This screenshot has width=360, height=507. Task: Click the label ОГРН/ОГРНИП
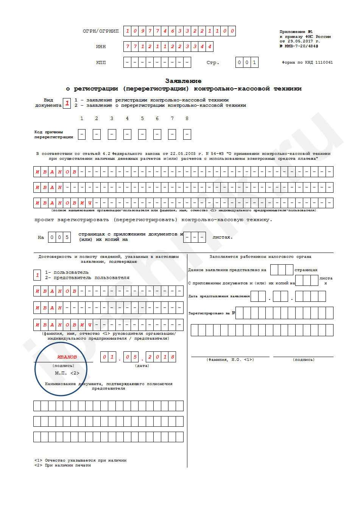[x=100, y=31]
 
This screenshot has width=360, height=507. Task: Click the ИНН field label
[x=101, y=47]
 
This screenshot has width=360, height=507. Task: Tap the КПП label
[x=101, y=62]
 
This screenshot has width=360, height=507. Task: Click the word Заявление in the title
[x=183, y=81]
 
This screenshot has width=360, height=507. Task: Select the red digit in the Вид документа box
[x=67, y=103]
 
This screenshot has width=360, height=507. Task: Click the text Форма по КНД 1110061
[x=307, y=62]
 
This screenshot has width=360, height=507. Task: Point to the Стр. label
[x=213, y=62]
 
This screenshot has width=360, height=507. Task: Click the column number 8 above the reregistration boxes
[x=187, y=119]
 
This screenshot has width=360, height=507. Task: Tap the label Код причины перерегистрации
[x=53, y=134]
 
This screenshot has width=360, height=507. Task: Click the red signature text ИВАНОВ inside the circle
[x=67, y=357]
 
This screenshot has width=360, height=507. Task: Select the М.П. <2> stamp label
[x=67, y=373]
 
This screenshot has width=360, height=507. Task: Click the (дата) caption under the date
[x=142, y=366]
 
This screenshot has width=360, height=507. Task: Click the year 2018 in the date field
[x=161, y=357]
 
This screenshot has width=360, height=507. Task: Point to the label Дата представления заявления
[x=219, y=296]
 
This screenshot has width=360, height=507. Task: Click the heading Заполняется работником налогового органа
[x=260, y=257]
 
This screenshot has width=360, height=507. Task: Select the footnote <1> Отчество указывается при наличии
[x=80, y=460]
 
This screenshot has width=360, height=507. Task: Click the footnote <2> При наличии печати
[x=62, y=465]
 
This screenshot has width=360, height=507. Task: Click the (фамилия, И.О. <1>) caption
[x=230, y=360]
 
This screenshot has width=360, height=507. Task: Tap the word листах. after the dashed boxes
[x=223, y=237]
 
